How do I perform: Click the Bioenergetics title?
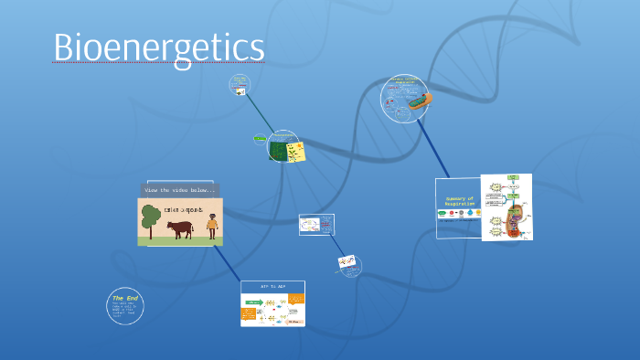[158, 48]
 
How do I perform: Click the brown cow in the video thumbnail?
[179, 228]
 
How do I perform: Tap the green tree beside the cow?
[150, 218]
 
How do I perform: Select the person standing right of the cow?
[212, 226]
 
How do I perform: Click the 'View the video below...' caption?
[180, 189]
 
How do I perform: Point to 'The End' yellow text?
[124, 298]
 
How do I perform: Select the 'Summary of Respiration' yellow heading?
[459, 200]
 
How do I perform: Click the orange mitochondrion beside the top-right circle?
[420, 101]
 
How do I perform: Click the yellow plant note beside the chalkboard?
[296, 153]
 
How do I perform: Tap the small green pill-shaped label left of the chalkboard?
[260, 139]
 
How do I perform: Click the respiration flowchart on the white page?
[507, 207]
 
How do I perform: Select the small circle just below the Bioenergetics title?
[240, 85]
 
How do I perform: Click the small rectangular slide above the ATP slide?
[316, 224]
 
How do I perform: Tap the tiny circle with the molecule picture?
[348, 265]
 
